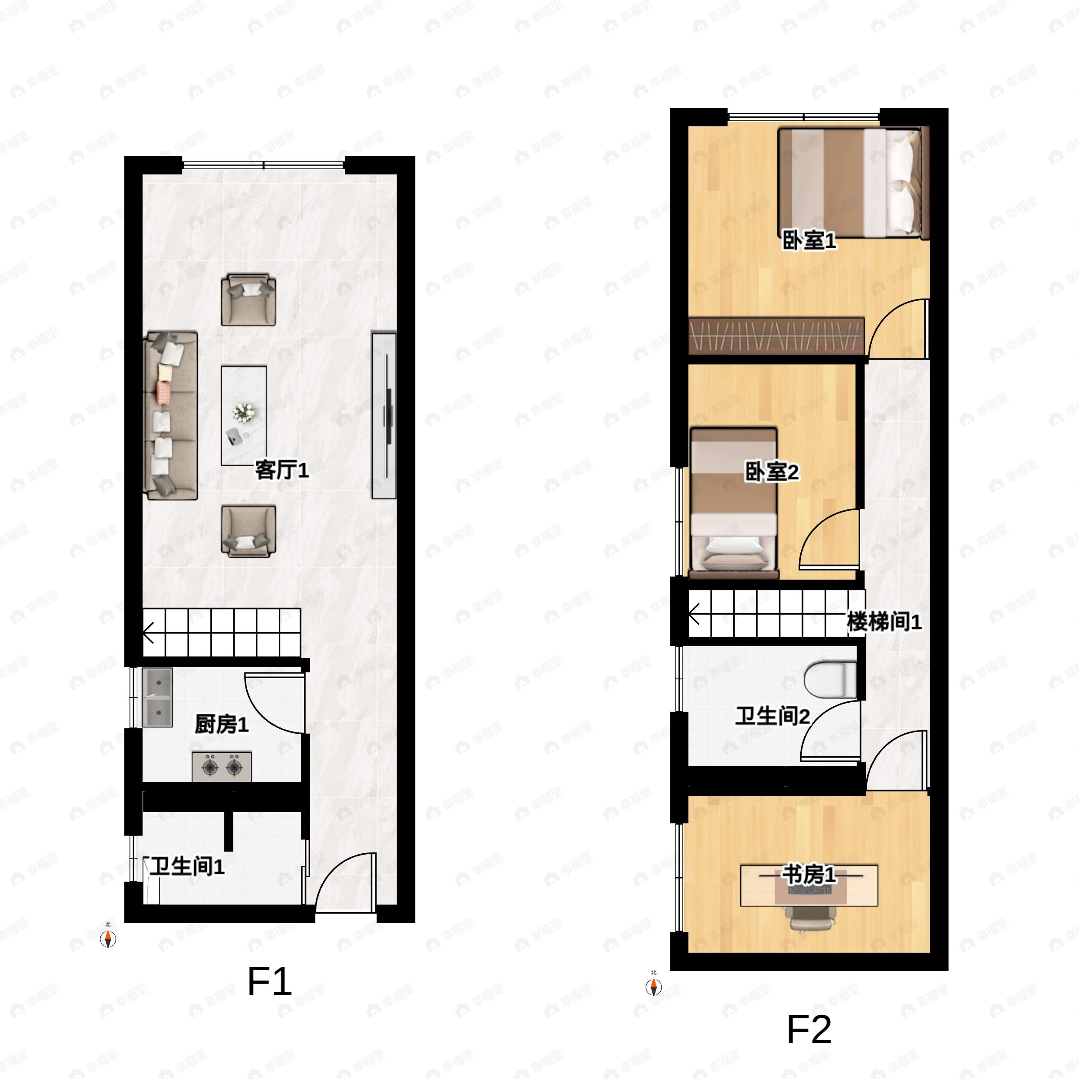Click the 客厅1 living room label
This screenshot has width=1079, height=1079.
click(282, 470)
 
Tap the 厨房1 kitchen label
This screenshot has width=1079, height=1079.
click(222, 724)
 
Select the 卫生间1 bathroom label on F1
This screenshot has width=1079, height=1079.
click(187, 866)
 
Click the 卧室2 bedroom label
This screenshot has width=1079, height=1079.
click(772, 472)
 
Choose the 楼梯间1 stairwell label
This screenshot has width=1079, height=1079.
click(884, 622)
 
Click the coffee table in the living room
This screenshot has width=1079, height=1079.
click(244, 415)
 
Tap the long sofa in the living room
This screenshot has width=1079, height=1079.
click(171, 415)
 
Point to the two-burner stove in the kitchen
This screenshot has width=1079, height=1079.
click(222, 767)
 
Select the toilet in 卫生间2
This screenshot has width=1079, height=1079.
click(830, 680)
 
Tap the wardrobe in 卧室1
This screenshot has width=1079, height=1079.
click(777, 336)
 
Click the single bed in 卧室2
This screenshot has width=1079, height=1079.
click(734, 503)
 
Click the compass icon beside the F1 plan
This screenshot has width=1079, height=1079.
click(108, 939)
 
